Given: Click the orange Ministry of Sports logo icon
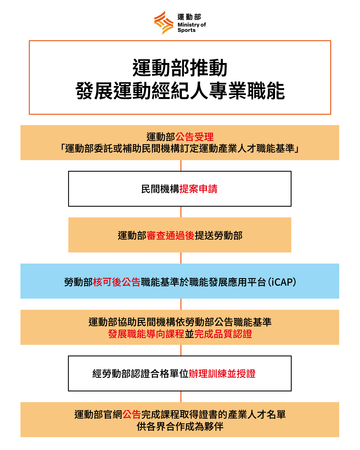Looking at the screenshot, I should click(161, 20).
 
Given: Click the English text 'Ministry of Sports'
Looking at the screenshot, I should click(188, 26).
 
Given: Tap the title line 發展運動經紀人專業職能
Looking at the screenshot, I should click(180, 91).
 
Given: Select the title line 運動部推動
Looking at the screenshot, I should click(180, 67).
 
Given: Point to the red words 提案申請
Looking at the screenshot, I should click(198, 188).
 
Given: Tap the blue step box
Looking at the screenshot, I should click(180, 282).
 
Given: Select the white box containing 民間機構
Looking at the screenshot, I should click(180, 188).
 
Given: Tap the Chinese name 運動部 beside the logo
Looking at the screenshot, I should click(185, 14).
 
